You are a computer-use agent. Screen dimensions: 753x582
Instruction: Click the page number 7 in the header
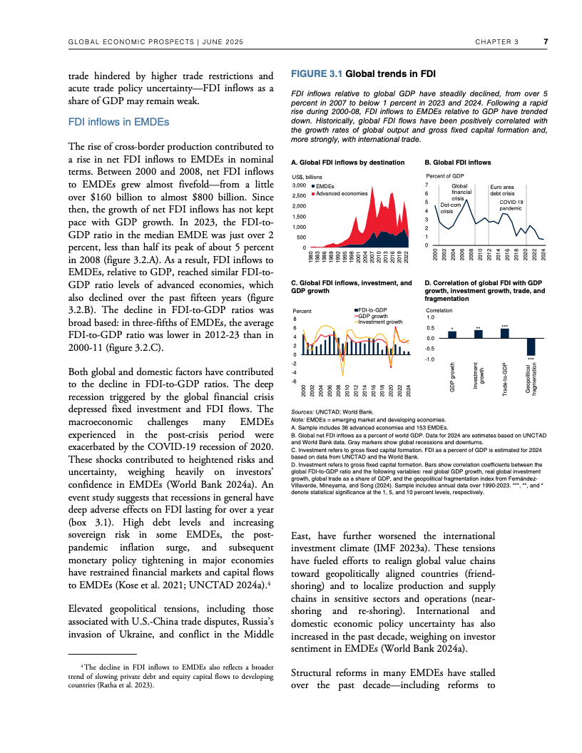(x=546, y=41)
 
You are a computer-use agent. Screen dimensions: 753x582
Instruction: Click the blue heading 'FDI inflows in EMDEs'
(x=118, y=122)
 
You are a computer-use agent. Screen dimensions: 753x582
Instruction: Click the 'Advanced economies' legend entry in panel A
(x=342, y=193)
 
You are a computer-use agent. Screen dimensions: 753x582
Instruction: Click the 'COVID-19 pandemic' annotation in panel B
(x=511, y=205)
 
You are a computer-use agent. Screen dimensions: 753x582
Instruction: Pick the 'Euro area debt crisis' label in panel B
(x=502, y=190)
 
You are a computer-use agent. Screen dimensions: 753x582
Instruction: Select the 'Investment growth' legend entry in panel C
(x=380, y=322)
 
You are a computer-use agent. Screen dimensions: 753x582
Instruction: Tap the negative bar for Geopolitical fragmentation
(x=531, y=347)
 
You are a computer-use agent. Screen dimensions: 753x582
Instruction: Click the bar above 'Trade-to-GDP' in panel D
(x=504, y=333)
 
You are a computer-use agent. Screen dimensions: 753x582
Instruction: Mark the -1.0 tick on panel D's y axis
(x=430, y=359)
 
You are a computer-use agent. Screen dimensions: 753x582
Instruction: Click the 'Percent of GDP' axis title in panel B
(x=445, y=175)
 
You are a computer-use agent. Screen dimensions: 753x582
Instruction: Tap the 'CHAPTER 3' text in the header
(x=496, y=41)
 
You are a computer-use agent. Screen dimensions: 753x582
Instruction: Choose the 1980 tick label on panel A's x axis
(x=310, y=256)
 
